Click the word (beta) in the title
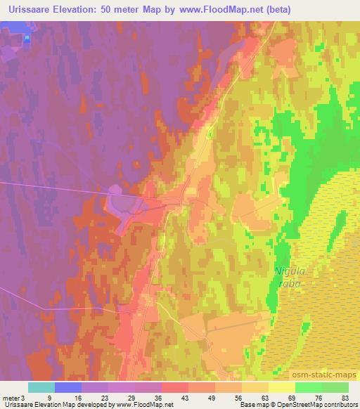click(273, 10)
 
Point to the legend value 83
click(345, 397)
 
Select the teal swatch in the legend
click(41, 387)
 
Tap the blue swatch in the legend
click(69, 387)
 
